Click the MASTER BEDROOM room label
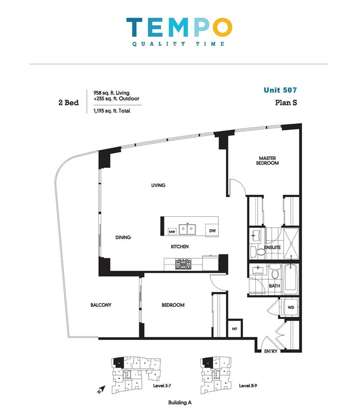click(267, 160)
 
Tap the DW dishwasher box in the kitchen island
click(212, 230)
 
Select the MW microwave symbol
click(172, 231)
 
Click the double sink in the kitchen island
click(187, 229)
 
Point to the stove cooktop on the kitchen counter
click(183, 264)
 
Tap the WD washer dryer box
click(291, 307)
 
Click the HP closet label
click(234, 328)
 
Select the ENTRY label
click(270, 351)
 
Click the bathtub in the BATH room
click(291, 279)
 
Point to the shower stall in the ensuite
click(291, 244)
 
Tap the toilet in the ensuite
click(258, 252)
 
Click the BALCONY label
click(101, 305)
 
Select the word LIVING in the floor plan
click(158, 185)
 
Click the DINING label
click(123, 237)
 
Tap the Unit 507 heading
click(280, 90)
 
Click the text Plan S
click(286, 102)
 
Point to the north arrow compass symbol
click(101, 389)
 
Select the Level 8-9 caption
click(248, 386)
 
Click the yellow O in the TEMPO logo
click(223, 27)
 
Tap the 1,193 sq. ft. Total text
click(112, 111)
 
